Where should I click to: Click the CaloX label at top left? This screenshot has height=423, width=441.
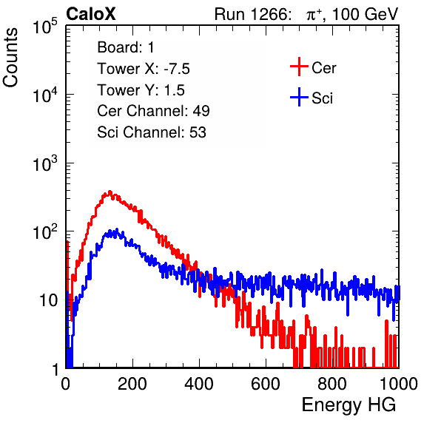coord(91,14)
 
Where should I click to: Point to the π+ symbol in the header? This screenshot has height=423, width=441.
coord(313,14)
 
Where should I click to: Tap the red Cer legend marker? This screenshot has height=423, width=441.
coord(299,67)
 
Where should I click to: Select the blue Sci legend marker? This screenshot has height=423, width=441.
coord(299,97)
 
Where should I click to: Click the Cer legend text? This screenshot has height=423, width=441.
coord(323,68)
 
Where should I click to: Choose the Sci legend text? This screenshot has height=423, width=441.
coord(323,98)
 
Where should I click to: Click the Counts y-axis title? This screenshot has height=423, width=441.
coord(10,58)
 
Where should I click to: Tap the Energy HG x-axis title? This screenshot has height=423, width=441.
coord(349,405)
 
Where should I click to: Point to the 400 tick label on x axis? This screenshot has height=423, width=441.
coord(199,384)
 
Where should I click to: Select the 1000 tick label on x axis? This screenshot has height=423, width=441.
coord(398,384)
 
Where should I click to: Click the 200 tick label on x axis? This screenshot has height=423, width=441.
coord(132,384)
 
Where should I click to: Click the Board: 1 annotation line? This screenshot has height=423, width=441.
coord(126,47)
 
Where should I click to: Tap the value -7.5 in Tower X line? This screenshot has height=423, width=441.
coord(177,69)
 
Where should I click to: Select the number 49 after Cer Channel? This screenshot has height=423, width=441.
coord(201,111)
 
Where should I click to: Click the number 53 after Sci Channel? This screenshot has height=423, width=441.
coord(198,132)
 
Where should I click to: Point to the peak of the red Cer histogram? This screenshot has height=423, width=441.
coord(110,192)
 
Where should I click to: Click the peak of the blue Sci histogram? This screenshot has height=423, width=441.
coord(116,230)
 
